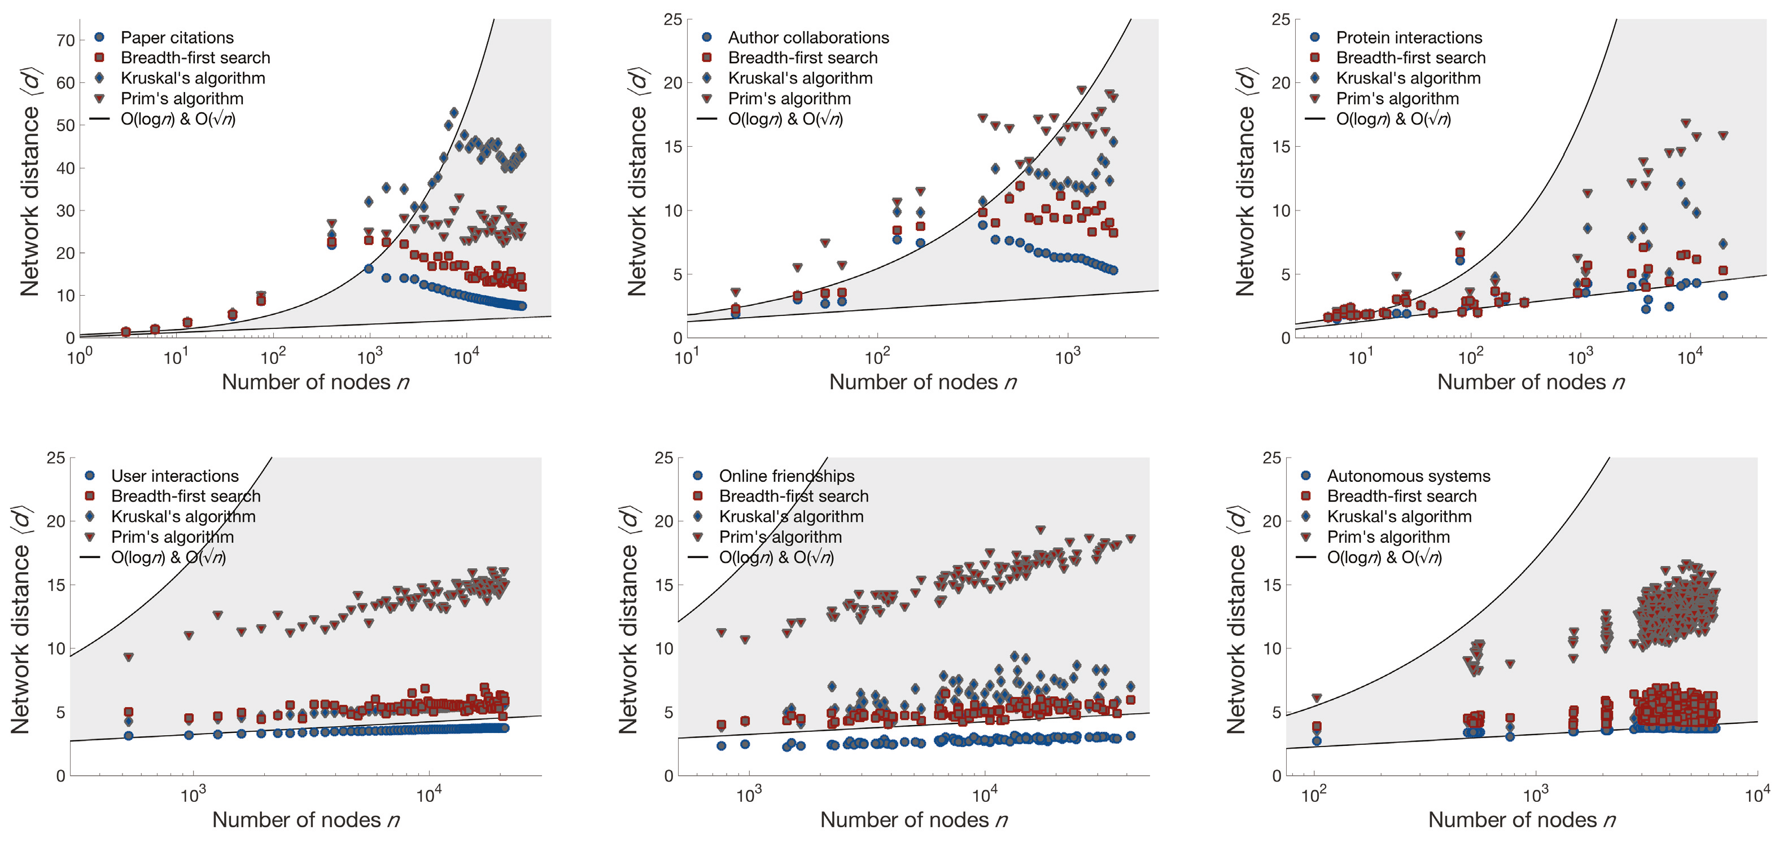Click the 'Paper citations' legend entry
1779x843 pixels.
pyautogui.click(x=177, y=37)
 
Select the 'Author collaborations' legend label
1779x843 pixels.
pyautogui.click(x=808, y=37)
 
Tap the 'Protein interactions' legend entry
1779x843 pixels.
pyautogui.click(x=1409, y=37)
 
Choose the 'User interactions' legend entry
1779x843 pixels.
pyautogui.click(x=174, y=476)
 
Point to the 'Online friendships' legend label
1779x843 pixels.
pyautogui.click(x=786, y=476)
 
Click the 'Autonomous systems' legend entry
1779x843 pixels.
pyautogui.click(x=1408, y=476)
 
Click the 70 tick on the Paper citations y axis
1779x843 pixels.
pyautogui.click(x=65, y=41)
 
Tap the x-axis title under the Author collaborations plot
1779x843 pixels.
pyautogui.click(x=923, y=382)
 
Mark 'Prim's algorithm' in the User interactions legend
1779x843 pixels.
pyautogui.click(x=172, y=537)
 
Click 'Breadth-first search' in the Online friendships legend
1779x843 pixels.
pyautogui.click(x=793, y=496)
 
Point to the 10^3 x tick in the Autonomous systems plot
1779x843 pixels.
pyautogui.click(x=1535, y=794)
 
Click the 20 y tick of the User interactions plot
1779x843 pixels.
pyautogui.click(x=55, y=521)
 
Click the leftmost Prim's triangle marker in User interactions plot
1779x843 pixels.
pyautogui.click(x=129, y=657)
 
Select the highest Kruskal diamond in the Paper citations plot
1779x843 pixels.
pyautogui.click(x=454, y=112)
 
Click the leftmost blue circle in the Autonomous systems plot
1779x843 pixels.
pyautogui.click(x=1316, y=741)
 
